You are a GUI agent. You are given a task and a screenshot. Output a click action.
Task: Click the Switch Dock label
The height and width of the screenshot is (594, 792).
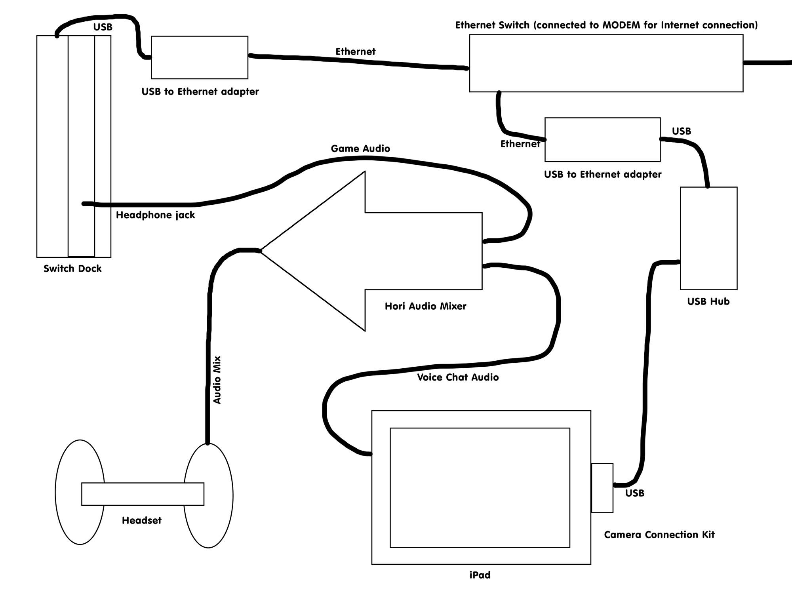click(x=72, y=268)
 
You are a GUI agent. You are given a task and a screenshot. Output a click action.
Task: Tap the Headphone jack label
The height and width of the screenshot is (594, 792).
click(x=155, y=215)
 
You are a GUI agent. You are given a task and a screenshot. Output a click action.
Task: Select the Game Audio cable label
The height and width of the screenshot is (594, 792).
click(x=360, y=148)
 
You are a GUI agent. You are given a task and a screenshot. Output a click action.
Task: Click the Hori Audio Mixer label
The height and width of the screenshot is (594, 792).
click(x=425, y=306)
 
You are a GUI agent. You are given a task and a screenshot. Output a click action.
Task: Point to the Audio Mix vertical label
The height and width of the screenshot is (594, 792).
click(x=217, y=380)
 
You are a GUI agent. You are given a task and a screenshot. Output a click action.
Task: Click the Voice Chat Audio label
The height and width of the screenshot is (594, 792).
click(x=458, y=377)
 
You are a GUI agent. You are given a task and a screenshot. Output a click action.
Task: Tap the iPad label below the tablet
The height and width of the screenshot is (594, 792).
click(x=480, y=575)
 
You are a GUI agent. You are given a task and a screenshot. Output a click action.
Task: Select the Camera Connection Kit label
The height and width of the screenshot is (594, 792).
click(x=659, y=535)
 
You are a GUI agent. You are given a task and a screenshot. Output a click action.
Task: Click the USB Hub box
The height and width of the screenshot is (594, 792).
click(x=708, y=238)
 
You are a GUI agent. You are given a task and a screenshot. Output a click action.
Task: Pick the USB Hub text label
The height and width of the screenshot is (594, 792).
click(x=708, y=301)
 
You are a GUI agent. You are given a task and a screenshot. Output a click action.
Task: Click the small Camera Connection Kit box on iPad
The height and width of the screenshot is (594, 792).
click(x=602, y=488)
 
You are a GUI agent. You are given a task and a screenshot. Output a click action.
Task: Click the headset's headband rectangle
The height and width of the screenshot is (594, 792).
click(x=143, y=494)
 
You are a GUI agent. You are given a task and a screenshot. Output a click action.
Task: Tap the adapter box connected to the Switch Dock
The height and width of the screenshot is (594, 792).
click(x=200, y=57)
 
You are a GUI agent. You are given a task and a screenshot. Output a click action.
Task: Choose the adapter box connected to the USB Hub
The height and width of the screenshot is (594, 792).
click(x=602, y=139)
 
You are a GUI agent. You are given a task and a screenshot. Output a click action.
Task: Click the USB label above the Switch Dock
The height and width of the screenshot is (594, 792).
click(x=103, y=27)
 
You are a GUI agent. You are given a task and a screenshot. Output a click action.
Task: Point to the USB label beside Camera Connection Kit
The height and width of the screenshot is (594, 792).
click(x=635, y=493)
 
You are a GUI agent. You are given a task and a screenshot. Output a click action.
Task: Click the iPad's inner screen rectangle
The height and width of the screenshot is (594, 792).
click(x=480, y=487)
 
